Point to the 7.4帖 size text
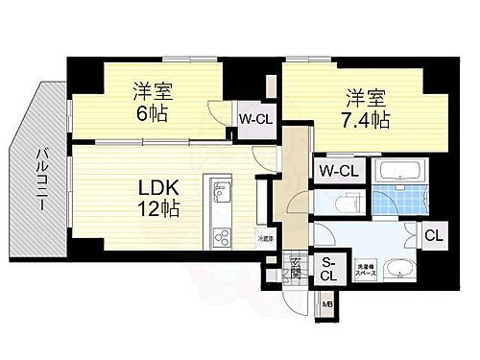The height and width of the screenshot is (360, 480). [368, 120]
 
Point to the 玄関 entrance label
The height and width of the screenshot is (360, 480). [297, 269]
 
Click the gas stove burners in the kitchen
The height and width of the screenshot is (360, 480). [221, 235]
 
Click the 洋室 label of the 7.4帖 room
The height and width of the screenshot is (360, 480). [367, 96]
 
